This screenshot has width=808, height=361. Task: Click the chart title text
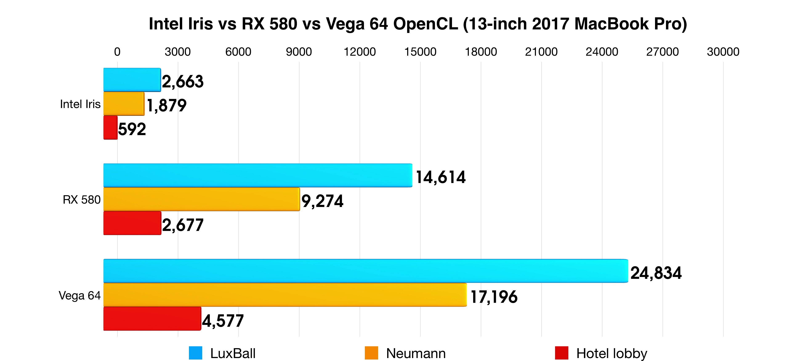418,24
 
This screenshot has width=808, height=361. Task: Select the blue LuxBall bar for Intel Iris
132,80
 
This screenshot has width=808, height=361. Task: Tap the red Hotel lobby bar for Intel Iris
110,128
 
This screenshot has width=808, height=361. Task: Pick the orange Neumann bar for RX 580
201,199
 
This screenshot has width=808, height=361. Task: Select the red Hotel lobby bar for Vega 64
152,319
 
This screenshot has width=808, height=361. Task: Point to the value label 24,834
656,273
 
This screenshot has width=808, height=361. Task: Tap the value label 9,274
322,201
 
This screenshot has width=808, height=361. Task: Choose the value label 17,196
494,297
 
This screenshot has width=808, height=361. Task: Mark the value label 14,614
441,177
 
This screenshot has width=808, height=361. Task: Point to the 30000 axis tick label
723,52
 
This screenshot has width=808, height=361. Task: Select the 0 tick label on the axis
117,52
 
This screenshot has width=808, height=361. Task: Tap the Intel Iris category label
80,104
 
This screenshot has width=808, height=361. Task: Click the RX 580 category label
82,200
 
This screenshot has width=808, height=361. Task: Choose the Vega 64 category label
80,295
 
